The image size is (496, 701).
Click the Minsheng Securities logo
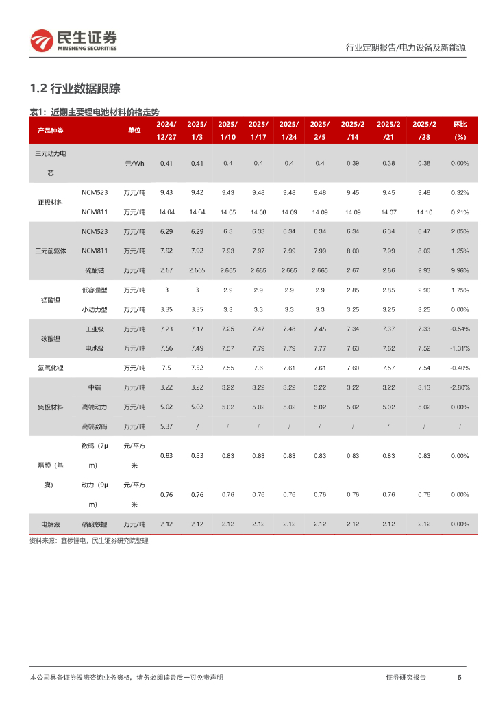tap(73, 40)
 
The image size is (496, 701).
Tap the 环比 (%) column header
tap(460, 130)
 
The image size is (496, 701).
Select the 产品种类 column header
tap(50, 130)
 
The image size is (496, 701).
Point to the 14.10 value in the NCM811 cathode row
tap(424, 212)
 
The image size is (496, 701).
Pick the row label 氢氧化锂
tap(50, 368)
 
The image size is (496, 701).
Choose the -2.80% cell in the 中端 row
tap(460, 387)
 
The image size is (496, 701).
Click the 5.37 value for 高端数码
tap(166, 426)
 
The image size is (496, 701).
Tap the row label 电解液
tap(50, 524)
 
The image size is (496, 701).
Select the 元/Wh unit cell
tap(134, 163)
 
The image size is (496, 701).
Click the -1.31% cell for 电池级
tap(460, 348)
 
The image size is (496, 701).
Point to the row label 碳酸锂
tap(50, 339)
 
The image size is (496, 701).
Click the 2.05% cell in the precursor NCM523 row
tap(460, 231)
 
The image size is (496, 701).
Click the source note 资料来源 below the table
tap(89, 541)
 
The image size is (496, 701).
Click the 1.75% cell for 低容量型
tap(460, 290)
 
